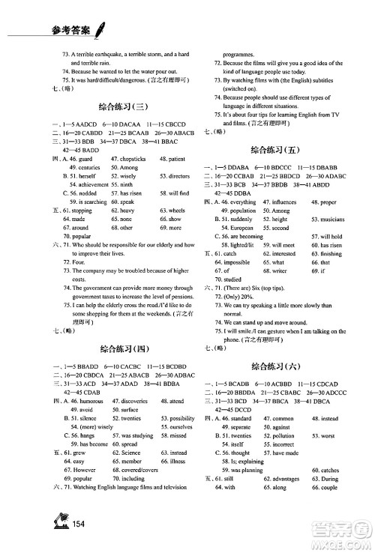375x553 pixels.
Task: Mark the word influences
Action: pos(280,202)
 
